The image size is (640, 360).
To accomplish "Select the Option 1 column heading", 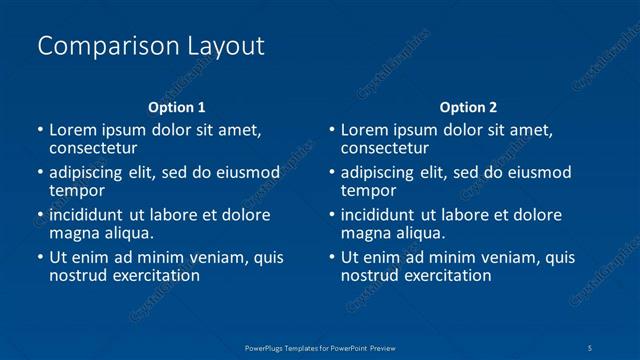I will click(177, 107).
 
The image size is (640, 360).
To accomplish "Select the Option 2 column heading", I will click(468, 107).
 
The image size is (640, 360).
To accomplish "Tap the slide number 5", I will click(591, 347).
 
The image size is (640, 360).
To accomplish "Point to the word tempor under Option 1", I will click(77, 190).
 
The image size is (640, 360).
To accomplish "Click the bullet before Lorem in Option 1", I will click(40, 130).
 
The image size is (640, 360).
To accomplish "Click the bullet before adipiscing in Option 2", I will click(332, 173).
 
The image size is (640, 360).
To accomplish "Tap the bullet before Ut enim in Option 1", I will click(40, 258).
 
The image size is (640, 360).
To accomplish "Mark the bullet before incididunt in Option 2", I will click(332, 215).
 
